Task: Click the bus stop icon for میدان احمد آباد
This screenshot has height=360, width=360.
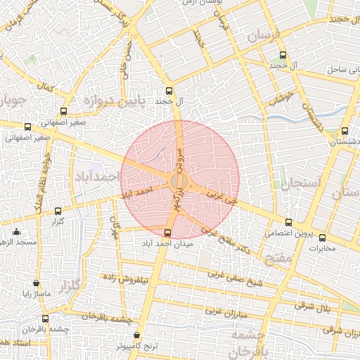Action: tap(167, 233)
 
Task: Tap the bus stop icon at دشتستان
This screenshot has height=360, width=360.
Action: tap(345, 131)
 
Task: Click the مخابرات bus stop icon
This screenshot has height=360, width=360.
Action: tap(323, 238)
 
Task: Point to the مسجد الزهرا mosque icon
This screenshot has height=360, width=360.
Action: tap(17, 231)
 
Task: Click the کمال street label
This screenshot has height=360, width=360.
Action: tap(46, 89)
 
